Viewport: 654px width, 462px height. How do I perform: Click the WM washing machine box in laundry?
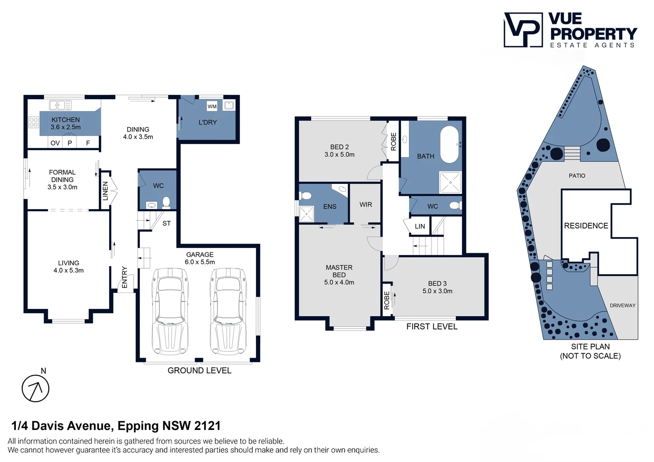point(212,106)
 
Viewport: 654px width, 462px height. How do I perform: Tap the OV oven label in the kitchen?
point(55,143)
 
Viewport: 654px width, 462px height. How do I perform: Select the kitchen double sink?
point(60,105)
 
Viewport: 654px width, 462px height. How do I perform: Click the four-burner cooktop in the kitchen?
point(33,122)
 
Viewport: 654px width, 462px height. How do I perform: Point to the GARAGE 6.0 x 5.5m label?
point(200,258)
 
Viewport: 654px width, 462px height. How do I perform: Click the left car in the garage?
point(170,311)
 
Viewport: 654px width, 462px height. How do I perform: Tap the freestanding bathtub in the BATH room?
point(449,145)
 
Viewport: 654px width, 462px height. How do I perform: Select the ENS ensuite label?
point(330,207)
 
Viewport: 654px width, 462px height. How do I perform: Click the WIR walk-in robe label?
point(366,204)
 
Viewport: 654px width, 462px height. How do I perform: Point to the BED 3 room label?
point(437,287)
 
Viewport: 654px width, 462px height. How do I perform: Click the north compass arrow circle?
point(36,388)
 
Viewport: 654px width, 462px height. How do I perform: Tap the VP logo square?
point(523,30)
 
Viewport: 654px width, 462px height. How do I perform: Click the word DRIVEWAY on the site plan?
point(622,305)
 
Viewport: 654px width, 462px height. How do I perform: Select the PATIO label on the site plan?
point(577,176)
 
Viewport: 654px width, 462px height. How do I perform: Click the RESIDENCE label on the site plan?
point(586,225)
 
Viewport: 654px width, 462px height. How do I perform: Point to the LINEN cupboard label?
point(105,191)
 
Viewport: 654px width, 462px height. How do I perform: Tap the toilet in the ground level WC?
point(166,202)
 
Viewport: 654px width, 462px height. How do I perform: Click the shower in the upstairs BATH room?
point(451,182)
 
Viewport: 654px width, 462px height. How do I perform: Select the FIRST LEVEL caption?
point(432,326)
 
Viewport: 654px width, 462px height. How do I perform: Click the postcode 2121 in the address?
point(208,426)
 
